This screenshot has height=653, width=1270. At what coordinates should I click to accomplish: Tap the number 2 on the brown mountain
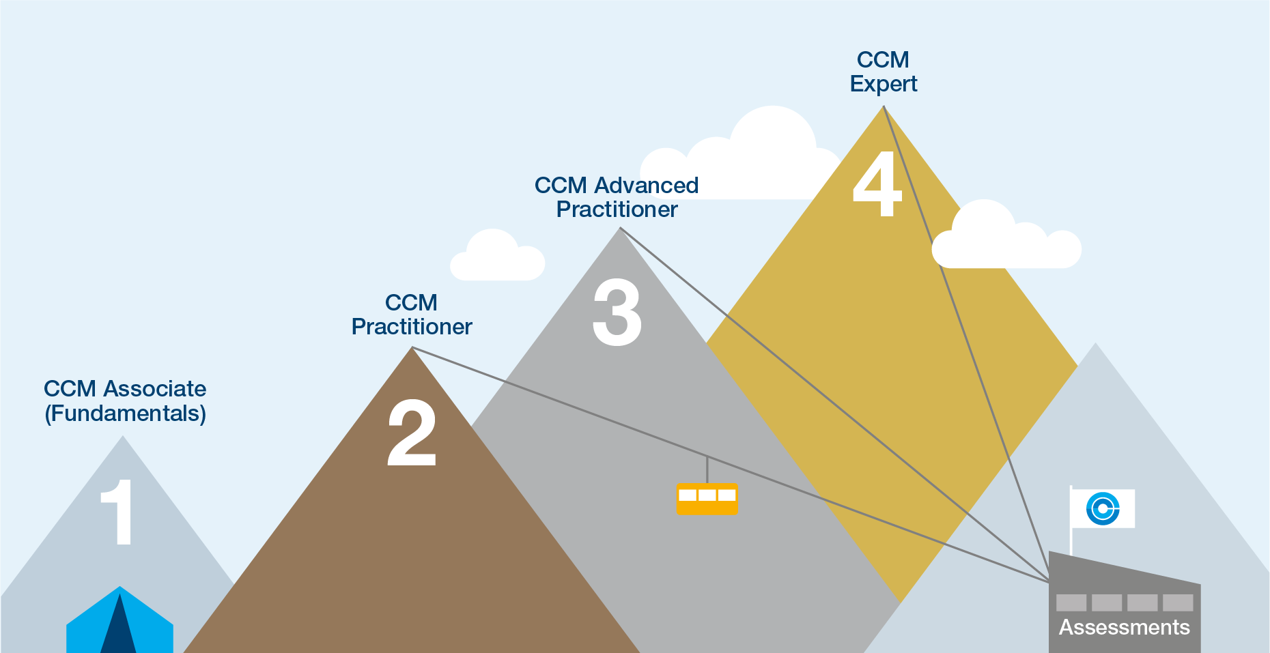click(x=411, y=433)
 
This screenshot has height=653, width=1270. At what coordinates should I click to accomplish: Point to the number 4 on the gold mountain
click(x=877, y=184)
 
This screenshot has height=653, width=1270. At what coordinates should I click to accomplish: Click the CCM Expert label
click(x=883, y=72)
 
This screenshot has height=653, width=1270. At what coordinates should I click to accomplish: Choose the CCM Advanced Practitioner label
click(x=616, y=197)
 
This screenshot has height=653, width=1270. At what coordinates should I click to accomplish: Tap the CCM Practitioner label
click(x=411, y=315)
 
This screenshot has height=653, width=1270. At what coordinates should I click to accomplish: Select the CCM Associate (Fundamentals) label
click(x=125, y=401)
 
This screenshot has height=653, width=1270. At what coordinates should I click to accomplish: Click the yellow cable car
click(x=707, y=499)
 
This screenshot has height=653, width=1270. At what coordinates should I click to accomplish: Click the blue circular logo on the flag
click(x=1103, y=508)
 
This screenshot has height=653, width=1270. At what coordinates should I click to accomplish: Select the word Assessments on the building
click(x=1124, y=627)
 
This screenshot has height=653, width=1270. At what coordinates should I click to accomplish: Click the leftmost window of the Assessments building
click(x=1071, y=603)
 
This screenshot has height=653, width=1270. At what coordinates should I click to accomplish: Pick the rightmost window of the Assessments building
click(x=1178, y=603)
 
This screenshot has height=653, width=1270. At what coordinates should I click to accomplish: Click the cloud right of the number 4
click(x=1005, y=239)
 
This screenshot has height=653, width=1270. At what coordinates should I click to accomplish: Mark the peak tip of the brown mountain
click(x=412, y=349)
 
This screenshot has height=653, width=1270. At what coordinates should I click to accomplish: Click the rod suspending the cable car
click(x=707, y=469)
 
